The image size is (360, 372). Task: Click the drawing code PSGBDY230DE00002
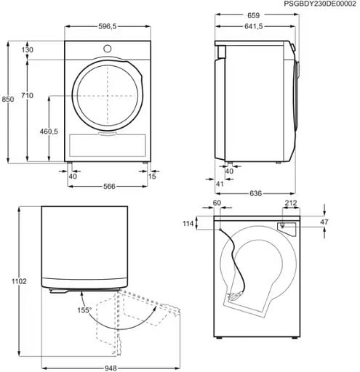[x=320, y=4]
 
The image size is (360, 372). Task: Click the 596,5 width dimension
[x=108, y=27]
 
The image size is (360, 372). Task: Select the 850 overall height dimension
[x=8, y=100]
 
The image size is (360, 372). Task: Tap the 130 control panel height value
[x=28, y=50]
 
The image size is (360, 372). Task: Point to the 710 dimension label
[x=27, y=96]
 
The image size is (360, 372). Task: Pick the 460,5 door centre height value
[x=49, y=132]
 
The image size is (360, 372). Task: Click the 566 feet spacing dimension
[x=109, y=187]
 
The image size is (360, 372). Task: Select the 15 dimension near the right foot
[x=152, y=177]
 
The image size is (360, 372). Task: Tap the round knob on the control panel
[x=108, y=49]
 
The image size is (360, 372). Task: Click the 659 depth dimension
[x=254, y=15]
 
